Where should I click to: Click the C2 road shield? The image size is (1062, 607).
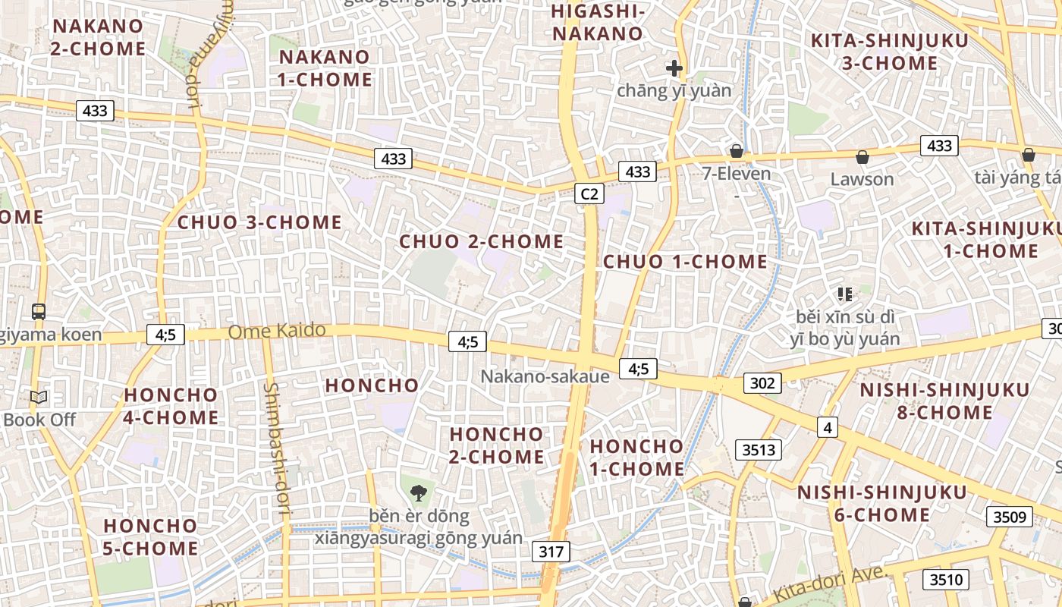(589, 194)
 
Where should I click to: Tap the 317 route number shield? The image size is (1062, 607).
(551, 551)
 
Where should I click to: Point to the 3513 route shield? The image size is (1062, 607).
(759, 450)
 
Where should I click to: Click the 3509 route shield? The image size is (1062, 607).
(1010, 517)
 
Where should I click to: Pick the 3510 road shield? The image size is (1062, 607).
(946, 580)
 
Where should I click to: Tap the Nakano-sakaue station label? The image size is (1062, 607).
(545, 376)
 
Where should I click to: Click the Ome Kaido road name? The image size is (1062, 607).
(277, 331)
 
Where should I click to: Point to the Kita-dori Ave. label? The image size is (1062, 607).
(828, 584)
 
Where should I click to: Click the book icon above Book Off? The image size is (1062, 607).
(39, 397)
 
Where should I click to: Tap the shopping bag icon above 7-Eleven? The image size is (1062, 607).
(736, 151)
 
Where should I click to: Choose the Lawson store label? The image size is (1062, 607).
(862, 180)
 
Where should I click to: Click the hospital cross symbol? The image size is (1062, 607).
(674, 68)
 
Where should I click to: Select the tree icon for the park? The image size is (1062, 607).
(418, 492)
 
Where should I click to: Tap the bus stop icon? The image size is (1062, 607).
(38, 311)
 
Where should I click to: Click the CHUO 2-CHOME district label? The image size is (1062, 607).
(481, 242)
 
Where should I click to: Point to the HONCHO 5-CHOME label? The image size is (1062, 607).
(150, 536)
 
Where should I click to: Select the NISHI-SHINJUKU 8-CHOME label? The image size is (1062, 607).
(944, 401)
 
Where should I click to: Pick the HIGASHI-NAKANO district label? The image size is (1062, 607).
(598, 23)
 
